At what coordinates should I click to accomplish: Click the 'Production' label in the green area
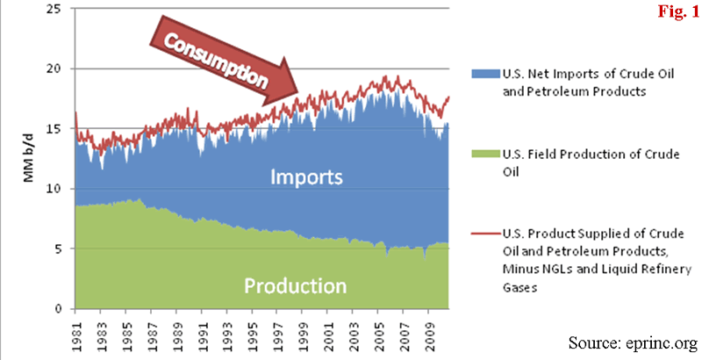click(x=295, y=285)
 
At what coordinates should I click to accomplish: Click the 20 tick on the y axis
click(x=58, y=68)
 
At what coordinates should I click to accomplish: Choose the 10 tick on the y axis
click(x=58, y=189)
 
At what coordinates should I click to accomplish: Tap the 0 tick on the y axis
click(x=61, y=309)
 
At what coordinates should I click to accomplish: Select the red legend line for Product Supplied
click(x=484, y=234)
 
